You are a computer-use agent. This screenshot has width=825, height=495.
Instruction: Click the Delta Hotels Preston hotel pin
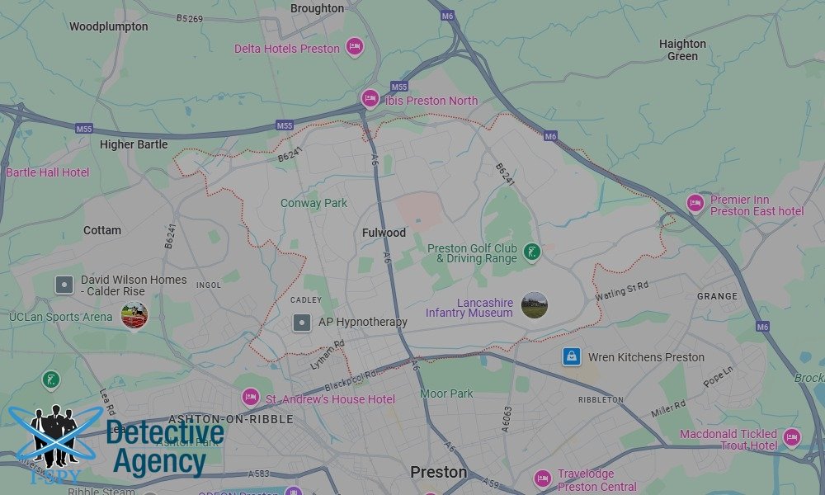tap(355, 46)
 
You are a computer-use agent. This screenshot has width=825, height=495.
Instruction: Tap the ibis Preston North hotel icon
tap(370, 99)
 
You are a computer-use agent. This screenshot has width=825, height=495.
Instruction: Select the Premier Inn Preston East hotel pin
tap(695, 203)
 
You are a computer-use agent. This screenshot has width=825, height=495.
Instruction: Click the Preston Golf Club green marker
tap(533, 252)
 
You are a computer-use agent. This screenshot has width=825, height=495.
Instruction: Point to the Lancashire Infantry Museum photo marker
tap(535, 305)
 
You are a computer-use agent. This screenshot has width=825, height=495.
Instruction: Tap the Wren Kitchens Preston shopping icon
tap(571, 356)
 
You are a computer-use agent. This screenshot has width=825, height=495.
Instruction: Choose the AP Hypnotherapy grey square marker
tap(303, 322)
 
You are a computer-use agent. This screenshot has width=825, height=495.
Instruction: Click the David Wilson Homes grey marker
tap(64, 285)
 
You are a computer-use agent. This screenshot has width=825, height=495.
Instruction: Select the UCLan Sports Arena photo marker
tap(134, 315)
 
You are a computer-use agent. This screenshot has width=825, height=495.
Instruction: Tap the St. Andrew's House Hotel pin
tap(250, 398)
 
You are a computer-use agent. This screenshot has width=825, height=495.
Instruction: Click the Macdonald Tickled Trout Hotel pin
tap(792, 437)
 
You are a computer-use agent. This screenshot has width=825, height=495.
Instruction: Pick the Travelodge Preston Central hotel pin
tap(542, 478)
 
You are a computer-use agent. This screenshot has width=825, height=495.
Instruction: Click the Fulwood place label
tap(384, 233)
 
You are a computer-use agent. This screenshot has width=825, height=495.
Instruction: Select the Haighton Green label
tap(682, 49)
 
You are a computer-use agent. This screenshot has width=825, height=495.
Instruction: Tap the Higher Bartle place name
tap(134, 144)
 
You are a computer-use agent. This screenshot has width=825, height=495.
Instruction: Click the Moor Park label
tap(446, 394)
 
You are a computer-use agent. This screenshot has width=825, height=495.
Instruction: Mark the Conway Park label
tap(313, 203)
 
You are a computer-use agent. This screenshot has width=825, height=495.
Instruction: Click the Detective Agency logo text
tap(165, 447)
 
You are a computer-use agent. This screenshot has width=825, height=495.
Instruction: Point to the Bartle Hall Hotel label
tap(47, 172)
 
